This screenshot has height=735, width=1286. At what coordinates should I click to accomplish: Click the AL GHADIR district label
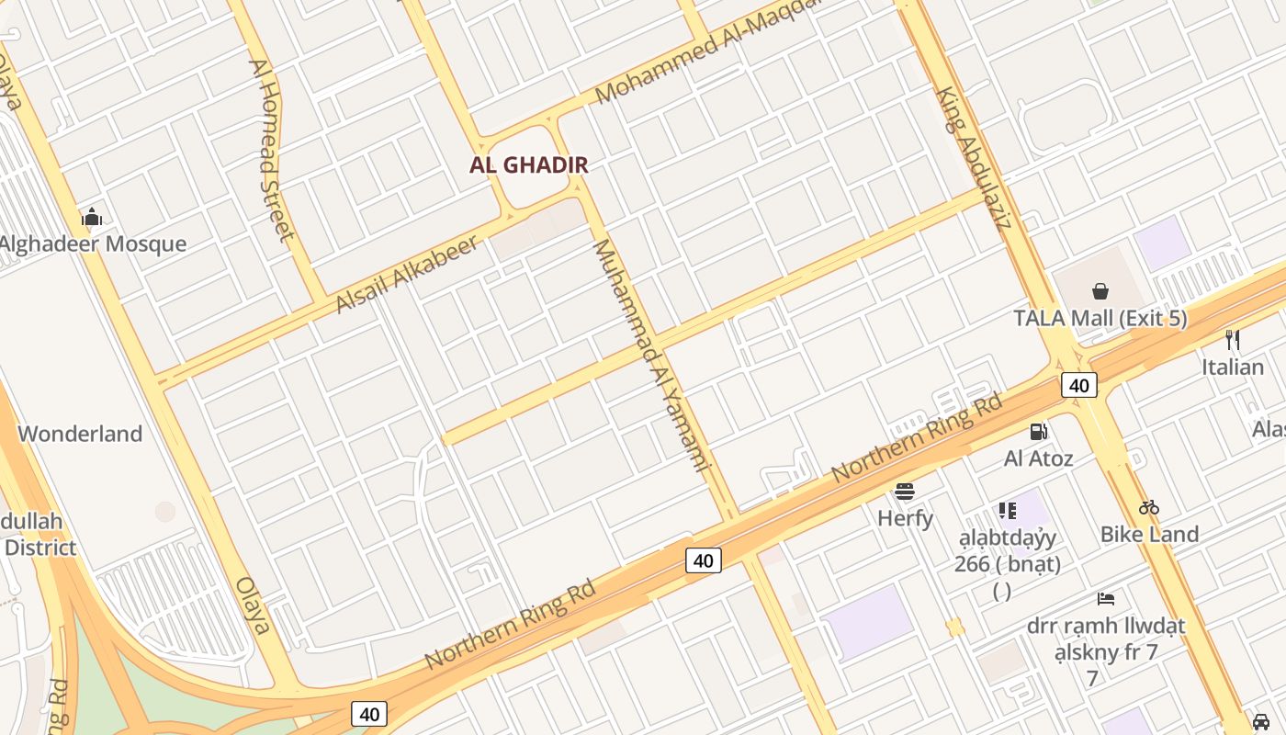528,165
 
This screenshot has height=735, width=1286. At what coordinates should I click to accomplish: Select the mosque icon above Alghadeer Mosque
92,218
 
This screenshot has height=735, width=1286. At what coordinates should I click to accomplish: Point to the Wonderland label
80,434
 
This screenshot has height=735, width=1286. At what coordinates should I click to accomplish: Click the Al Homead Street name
271,150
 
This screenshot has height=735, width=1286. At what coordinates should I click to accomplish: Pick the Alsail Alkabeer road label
408,274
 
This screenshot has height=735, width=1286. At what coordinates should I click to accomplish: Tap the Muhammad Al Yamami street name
652,355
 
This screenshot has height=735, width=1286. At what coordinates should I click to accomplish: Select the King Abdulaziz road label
974,158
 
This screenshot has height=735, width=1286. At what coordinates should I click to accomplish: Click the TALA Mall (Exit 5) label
1100,319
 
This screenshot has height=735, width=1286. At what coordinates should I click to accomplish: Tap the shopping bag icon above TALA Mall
1100,292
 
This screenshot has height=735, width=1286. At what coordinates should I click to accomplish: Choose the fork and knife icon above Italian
1233,340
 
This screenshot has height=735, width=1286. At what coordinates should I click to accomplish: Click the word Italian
1233,367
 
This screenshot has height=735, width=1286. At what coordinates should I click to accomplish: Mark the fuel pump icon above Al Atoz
1039,431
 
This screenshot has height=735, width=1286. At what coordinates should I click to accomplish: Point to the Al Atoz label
1039,458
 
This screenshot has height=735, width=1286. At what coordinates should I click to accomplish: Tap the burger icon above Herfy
906,492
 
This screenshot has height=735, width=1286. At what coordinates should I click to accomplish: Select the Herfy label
906,518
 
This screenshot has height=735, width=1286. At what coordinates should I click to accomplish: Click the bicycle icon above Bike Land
1149,507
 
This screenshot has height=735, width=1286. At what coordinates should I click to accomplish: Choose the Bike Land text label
1149,534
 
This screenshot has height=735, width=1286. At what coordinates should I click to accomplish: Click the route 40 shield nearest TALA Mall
1078,385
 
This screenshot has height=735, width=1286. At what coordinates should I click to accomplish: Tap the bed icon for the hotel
1106,599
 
